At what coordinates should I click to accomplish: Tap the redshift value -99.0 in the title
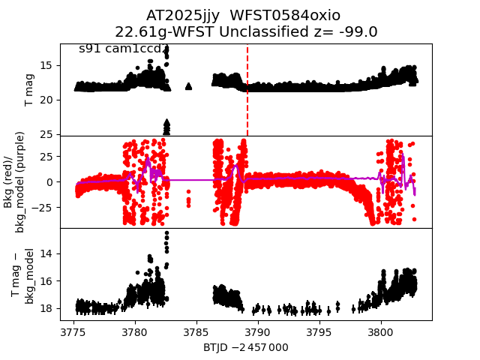coord(358,31)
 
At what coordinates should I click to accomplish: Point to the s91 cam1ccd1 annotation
coord(124,49)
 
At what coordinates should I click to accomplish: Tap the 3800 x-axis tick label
coord(381,331)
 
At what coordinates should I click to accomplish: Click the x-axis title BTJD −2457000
coord(245,347)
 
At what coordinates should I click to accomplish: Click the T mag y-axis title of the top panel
coord(30,90)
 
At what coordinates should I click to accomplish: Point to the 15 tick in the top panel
coord(48,65)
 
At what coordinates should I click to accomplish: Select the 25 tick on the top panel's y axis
coord(48,134)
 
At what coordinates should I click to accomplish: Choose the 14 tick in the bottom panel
coord(48,253)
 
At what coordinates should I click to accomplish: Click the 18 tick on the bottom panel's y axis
coord(48,308)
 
